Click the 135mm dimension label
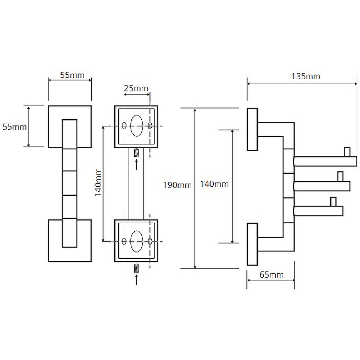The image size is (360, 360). point(306,76)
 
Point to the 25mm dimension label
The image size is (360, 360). point(135,88)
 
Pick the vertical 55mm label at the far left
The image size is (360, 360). point(14,127)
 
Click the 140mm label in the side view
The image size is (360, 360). point(214,184)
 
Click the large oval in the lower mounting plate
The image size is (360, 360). point(137,241)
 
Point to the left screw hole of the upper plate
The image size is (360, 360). point(124,126)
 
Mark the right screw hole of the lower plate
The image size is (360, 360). point(150,242)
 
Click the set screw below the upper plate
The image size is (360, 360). point(137,153)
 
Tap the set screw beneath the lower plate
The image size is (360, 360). point(137,269)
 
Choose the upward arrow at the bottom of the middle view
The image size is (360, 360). point(137,282)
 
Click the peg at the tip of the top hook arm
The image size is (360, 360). point(347,152)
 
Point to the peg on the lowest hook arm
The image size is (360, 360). point(333,201)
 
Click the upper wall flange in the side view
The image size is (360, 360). point(252,129)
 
